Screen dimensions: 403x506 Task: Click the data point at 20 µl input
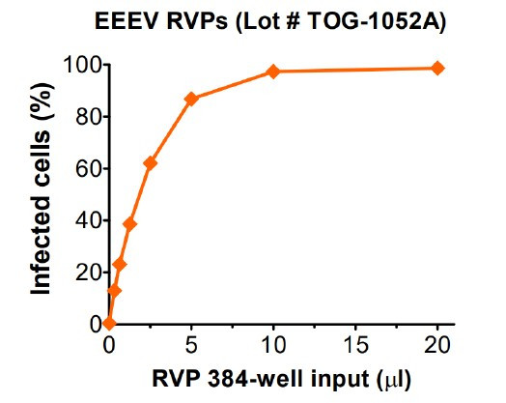437,68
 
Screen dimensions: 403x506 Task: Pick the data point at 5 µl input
191,99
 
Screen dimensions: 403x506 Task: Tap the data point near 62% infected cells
150,162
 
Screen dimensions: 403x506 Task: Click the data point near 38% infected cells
129,224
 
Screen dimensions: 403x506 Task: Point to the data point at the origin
109,323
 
